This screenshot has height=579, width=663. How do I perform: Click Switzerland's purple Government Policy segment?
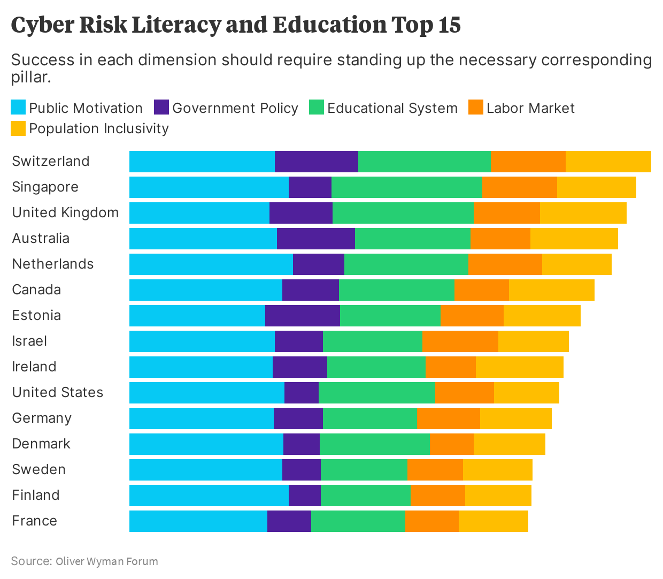click(x=317, y=162)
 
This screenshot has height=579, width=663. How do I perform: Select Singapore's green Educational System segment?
click(x=407, y=187)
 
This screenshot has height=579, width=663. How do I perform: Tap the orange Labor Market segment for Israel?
click(x=460, y=341)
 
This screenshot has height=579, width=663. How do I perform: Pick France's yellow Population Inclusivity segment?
click(x=494, y=521)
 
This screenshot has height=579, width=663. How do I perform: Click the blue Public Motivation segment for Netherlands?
click(x=211, y=264)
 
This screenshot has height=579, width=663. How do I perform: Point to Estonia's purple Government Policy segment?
click(x=303, y=316)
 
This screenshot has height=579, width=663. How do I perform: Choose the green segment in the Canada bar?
click(x=397, y=290)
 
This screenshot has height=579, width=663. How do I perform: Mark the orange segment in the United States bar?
click(x=465, y=393)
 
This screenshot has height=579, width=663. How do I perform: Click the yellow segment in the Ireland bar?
click(x=520, y=367)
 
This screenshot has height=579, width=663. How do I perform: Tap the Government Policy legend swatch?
click(x=161, y=108)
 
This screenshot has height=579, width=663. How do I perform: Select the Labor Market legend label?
click(x=530, y=108)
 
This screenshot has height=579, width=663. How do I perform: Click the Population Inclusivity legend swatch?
click(x=18, y=128)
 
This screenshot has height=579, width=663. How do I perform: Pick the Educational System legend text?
click(x=392, y=108)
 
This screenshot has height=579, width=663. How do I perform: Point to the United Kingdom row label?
click(x=65, y=212)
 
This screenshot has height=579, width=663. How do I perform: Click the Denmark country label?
click(x=41, y=444)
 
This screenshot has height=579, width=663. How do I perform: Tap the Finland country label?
click(x=36, y=495)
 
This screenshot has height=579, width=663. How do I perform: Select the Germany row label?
click(x=42, y=418)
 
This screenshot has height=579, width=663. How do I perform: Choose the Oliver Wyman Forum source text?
click(x=107, y=561)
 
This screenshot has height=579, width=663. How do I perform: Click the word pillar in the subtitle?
click(x=31, y=77)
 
